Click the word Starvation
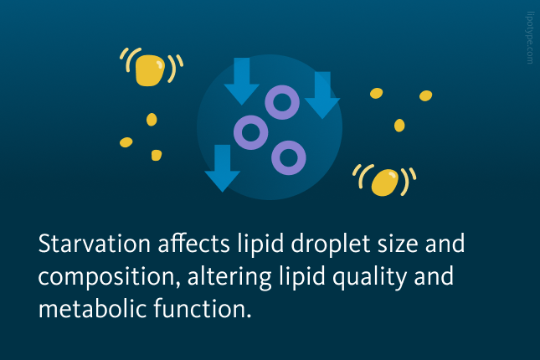[x=94, y=244]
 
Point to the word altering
[x=229, y=278]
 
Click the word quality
[x=369, y=278]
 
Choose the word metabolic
[x=93, y=309]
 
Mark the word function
[x=202, y=309]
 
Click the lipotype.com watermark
[x=530, y=38]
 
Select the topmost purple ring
[x=282, y=102]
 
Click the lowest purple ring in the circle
[x=289, y=157]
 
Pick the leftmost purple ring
[x=250, y=132]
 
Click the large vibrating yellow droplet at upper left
[x=150, y=70]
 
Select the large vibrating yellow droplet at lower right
[x=384, y=183]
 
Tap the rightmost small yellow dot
[x=425, y=95]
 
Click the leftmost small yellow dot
[x=126, y=142]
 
